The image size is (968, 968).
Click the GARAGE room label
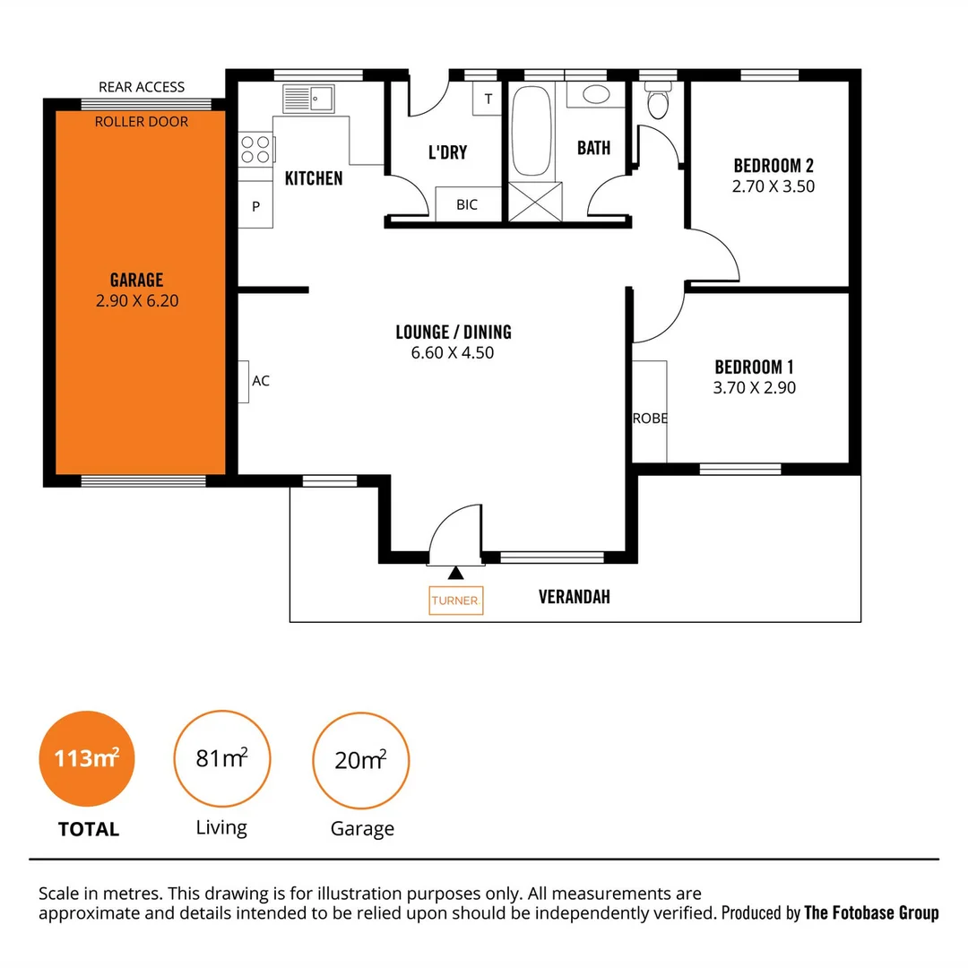136,280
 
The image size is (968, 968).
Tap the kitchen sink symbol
308,99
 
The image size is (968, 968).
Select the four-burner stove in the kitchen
256,148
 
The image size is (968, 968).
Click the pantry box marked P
255,206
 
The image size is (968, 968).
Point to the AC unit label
260,381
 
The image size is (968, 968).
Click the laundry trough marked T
488,99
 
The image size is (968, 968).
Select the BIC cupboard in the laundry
467,204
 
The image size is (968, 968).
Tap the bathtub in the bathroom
532,130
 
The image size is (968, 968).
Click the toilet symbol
658,102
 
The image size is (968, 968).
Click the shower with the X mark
535,201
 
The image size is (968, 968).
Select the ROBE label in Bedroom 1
650,419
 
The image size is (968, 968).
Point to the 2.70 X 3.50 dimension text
774,186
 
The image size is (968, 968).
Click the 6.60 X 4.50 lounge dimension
453,353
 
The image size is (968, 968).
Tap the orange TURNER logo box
455,601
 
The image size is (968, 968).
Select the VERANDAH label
574,597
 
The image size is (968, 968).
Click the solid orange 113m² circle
87,759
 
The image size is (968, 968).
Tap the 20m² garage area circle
360,761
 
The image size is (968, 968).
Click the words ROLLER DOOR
142,121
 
